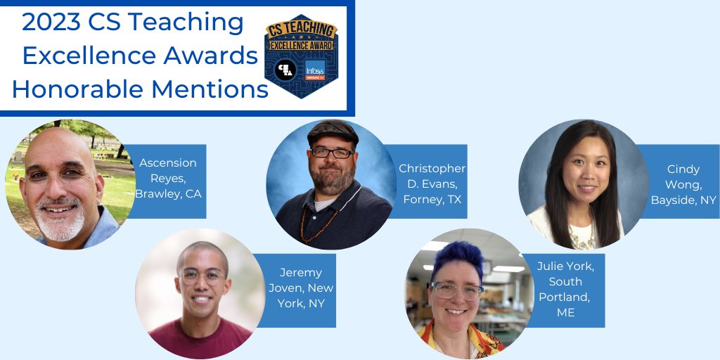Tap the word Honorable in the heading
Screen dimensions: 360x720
pos(80,89)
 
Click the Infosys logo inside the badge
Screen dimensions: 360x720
pos(316,70)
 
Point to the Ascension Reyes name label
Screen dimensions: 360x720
pos(169,178)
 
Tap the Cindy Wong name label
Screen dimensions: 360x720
pos(683,184)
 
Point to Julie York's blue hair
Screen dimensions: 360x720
pos(457,260)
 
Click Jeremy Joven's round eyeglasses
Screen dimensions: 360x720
pos(202,276)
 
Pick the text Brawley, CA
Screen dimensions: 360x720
pos(169,193)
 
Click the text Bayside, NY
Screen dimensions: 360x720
pos(683,200)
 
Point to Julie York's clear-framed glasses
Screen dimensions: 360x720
pos(457,289)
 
